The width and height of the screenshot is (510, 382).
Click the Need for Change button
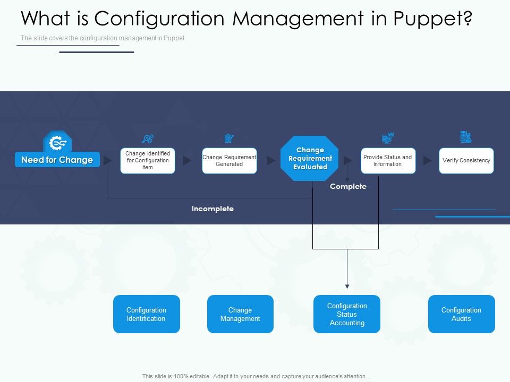tap(57, 160)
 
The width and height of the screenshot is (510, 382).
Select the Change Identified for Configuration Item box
tap(148, 161)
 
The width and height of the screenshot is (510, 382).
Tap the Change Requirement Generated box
tap(229, 161)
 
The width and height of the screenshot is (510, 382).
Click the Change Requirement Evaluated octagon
tap(310, 159)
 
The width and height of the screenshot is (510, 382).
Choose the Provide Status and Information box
tap(388, 161)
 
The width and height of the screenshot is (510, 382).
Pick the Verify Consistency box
tap(466, 161)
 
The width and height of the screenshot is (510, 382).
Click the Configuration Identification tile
tap(146, 314)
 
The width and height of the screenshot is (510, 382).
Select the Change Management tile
tap(240, 314)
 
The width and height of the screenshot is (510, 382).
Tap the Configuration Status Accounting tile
tap(347, 314)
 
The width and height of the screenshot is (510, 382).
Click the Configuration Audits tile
tap(461, 314)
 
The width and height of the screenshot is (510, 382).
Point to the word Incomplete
tap(212, 209)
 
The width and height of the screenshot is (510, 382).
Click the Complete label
tap(348, 186)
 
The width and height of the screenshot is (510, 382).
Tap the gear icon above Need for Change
tap(57, 142)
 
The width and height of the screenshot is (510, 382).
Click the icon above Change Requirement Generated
tap(229, 138)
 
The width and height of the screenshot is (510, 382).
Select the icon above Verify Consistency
tap(466, 137)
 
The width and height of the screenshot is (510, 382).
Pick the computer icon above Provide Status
tap(388, 138)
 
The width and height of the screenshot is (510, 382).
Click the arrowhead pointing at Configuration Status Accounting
tap(347, 286)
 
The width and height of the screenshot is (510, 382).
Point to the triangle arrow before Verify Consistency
tap(428, 160)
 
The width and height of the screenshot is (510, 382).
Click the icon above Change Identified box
tap(148, 138)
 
